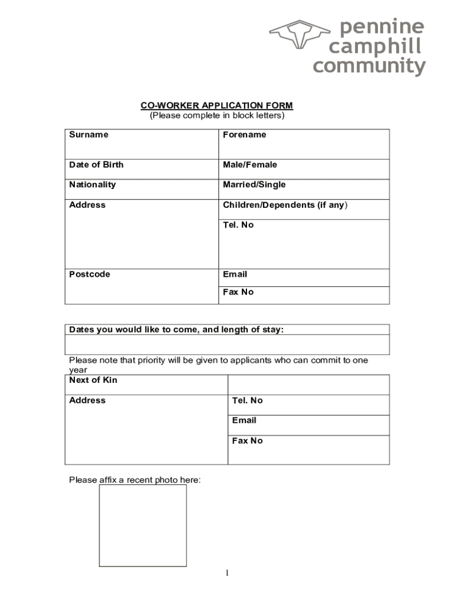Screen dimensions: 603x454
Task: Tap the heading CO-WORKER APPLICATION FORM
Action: click(216, 105)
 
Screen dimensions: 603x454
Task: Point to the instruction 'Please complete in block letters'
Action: click(216, 115)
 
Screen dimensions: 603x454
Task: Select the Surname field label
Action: click(88, 135)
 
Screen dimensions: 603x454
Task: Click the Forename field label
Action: click(244, 135)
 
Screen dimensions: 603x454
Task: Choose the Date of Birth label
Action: click(96, 165)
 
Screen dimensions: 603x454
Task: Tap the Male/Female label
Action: click(249, 165)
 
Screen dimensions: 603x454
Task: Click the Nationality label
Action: click(92, 185)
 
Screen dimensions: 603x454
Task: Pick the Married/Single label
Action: click(254, 185)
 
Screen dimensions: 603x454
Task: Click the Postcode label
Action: click(90, 274)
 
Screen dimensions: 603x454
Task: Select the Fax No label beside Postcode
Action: click(238, 292)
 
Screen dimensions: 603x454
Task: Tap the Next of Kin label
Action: click(93, 380)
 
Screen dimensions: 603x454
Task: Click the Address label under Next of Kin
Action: click(87, 400)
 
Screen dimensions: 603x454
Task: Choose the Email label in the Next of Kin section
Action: click(244, 420)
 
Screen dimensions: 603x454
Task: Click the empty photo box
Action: click(143, 525)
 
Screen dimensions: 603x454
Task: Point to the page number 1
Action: click(226, 573)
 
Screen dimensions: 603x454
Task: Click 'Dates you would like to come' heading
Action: click(176, 330)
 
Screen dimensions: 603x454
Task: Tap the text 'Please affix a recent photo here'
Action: click(134, 480)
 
